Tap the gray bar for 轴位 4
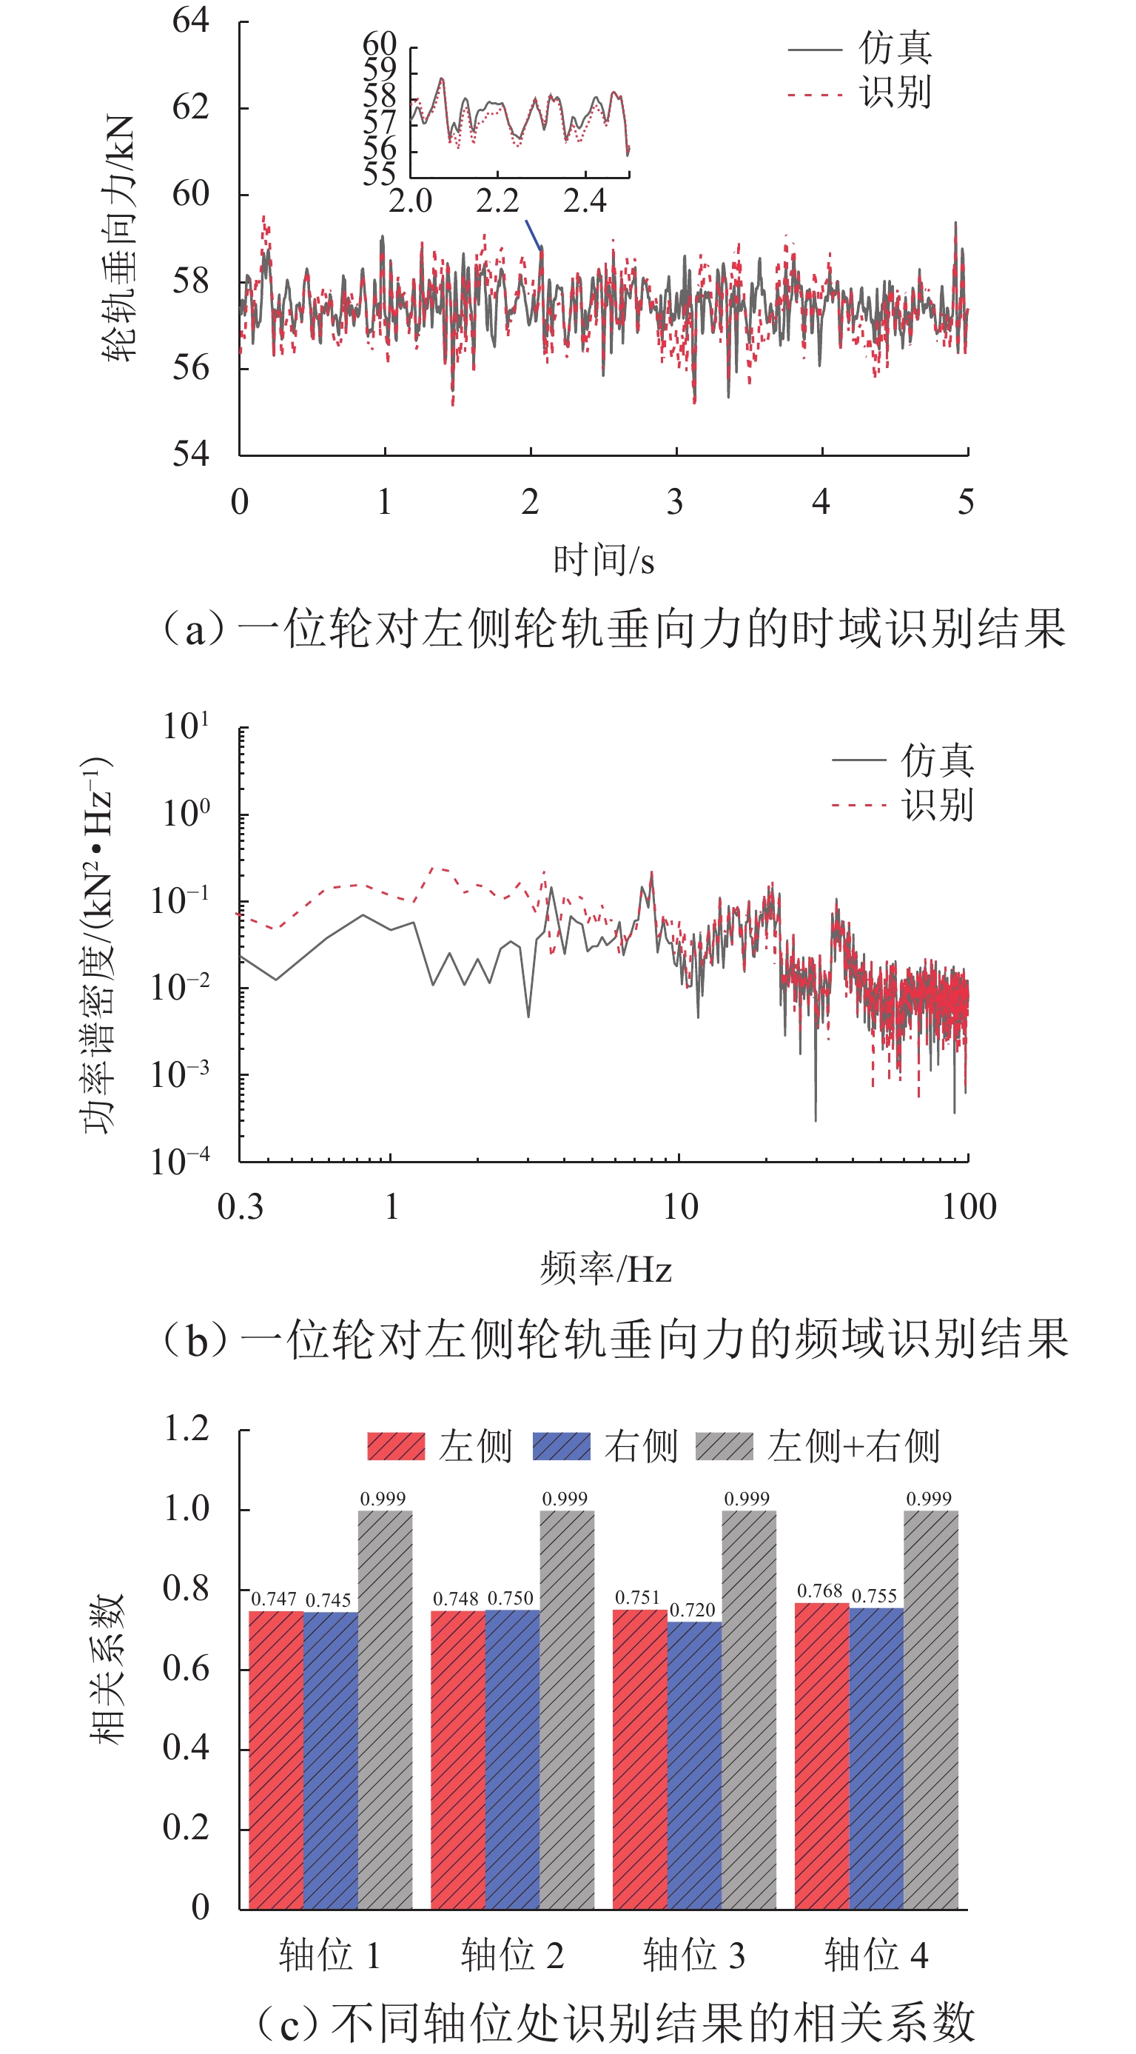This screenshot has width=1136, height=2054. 930,1710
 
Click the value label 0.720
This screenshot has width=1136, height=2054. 692,1610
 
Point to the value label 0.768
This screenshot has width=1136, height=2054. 819,1590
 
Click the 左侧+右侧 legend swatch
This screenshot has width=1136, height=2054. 724,1446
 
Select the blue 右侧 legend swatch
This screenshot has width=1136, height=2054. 561,1446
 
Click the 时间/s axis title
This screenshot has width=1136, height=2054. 603,561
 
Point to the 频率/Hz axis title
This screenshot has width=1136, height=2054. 606,1268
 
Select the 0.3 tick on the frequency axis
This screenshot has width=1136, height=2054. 240,1206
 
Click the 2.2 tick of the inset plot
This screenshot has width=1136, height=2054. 497,201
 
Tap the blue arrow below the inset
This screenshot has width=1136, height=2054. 534,235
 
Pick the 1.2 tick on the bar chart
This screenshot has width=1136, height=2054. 186,1428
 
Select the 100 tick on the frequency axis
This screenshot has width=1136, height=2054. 969,1206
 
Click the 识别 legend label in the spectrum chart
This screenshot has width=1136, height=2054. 938,806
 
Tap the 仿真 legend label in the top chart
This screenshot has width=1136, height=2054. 895,48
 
